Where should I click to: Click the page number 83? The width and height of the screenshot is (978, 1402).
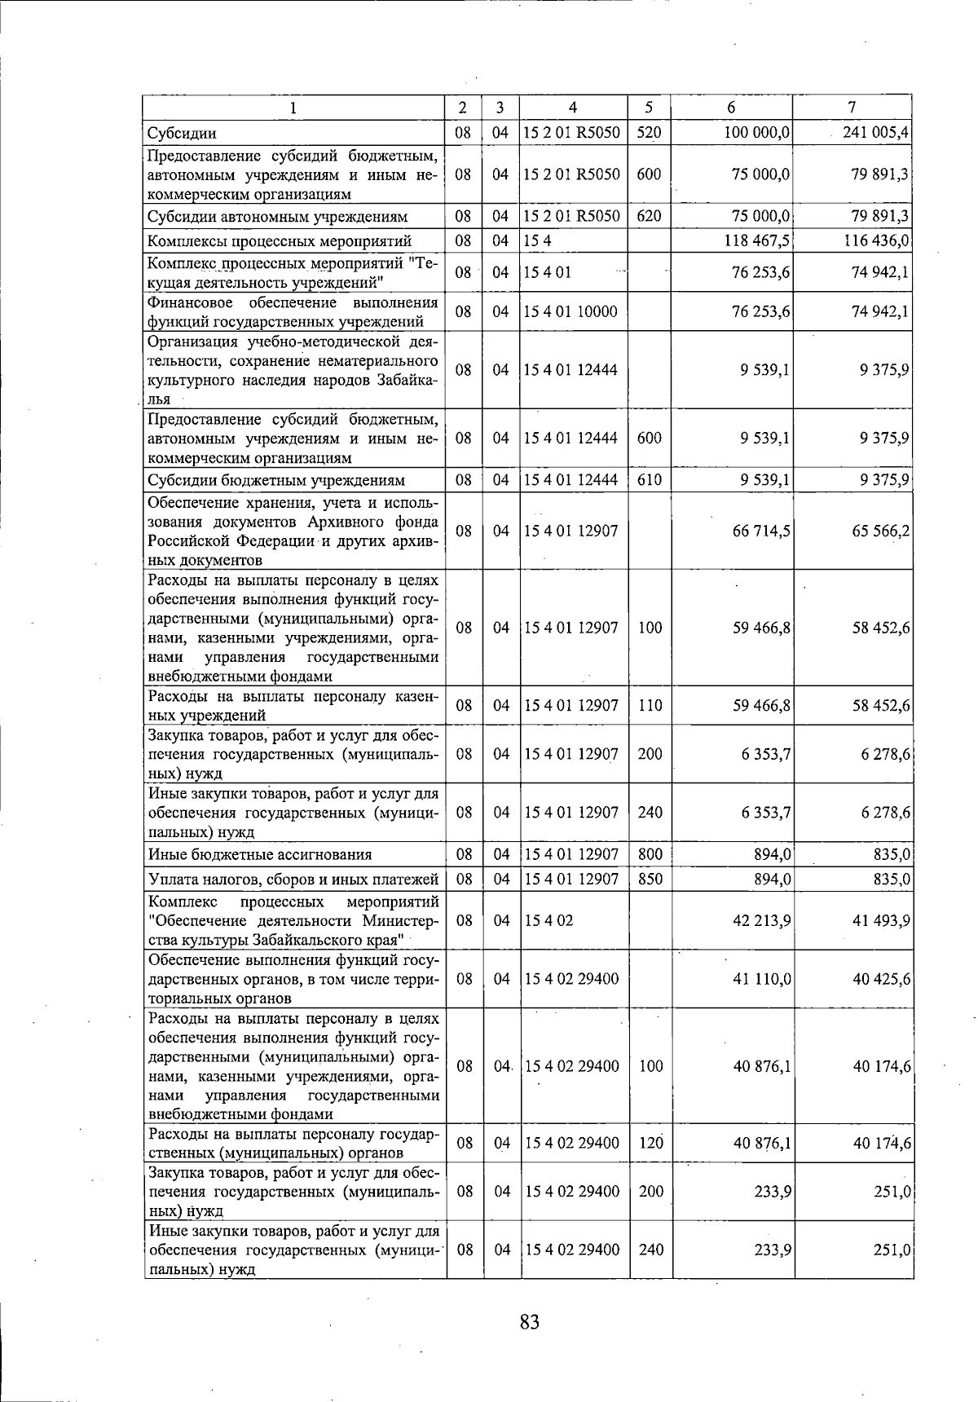pos(529,1322)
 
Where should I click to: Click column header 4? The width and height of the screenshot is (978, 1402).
pos(573,107)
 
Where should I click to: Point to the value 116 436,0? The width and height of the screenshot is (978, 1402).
pos(874,240)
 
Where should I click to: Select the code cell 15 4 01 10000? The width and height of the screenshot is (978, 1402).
pos(570,311)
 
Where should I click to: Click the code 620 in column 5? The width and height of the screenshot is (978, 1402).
pos(649,216)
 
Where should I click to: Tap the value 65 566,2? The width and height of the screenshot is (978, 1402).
pos(881,531)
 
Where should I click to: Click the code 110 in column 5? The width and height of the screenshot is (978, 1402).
pos(650,705)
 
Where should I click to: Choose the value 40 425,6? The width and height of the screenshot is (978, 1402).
pos(881,978)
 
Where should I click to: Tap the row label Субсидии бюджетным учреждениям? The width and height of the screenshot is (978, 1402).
pos(276,480)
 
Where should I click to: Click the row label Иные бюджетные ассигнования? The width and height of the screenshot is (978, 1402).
pos(260,854)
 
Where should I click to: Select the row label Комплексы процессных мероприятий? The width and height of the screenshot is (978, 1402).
pos(280,240)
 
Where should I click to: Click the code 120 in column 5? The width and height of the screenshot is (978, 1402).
pos(650,1143)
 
